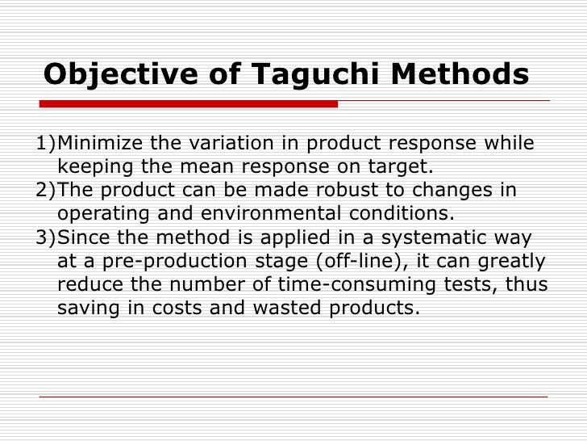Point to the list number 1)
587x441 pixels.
pos(48,144)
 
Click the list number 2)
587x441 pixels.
pos(48,191)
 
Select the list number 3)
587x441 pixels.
pos(48,237)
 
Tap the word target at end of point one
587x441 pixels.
pos(402,167)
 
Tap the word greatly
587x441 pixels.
pos(508,261)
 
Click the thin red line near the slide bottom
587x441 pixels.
pos(293,397)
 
